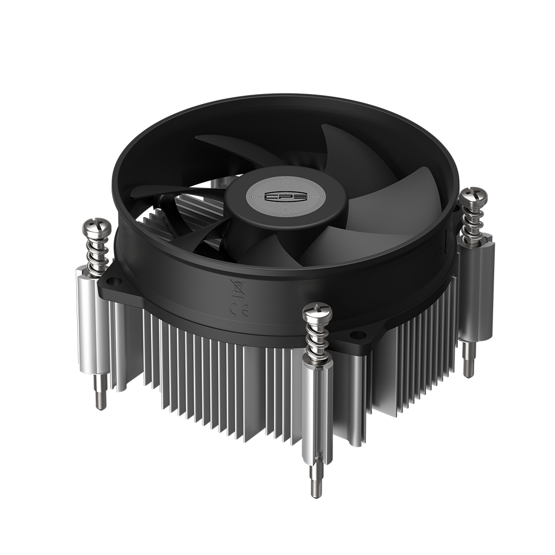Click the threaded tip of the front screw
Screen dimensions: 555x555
[316, 484]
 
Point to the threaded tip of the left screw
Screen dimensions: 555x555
[100, 398]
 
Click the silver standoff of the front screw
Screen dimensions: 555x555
[318, 407]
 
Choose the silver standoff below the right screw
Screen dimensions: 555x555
[470, 291]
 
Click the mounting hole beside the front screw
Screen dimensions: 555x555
[358, 335]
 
